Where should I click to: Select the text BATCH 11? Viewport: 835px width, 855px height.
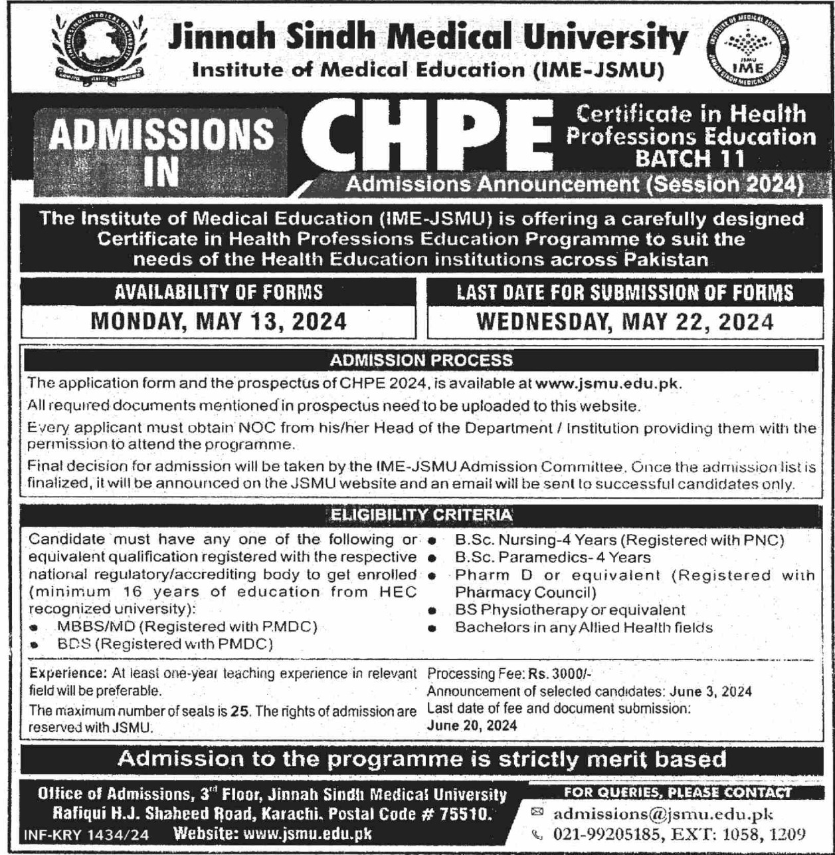pos(690,158)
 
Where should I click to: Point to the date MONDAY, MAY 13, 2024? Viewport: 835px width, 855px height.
pos(219,322)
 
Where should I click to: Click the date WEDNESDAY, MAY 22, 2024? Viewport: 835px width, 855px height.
pos(625,322)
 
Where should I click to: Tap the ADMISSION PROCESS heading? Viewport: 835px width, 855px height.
pos(421,360)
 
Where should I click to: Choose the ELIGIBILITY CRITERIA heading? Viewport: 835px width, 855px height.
pos(421,515)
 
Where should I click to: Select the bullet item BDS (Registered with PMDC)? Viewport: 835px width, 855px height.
pos(165,644)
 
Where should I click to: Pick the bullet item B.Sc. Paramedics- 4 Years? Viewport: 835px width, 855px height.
pos(553,557)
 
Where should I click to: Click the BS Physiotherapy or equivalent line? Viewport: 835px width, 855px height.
pos(570,610)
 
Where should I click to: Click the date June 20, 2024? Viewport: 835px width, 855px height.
pos(472,725)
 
